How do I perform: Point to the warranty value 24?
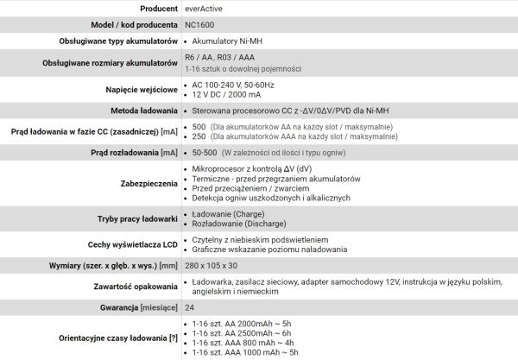tap(190, 308)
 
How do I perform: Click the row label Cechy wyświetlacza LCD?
tap(133, 244)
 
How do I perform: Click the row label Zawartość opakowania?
tap(133, 287)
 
